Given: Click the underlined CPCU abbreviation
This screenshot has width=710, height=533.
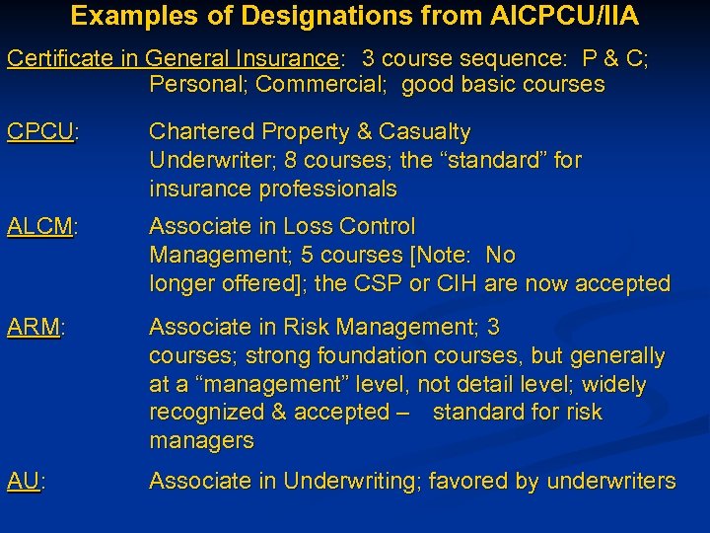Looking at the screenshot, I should pyautogui.click(x=40, y=132).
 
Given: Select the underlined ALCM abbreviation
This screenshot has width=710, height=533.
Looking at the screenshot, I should pyautogui.click(x=40, y=227).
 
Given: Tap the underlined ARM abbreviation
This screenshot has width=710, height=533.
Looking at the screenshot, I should pyautogui.click(x=34, y=328).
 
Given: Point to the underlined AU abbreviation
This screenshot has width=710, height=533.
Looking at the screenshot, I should pyautogui.click(x=24, y=482).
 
